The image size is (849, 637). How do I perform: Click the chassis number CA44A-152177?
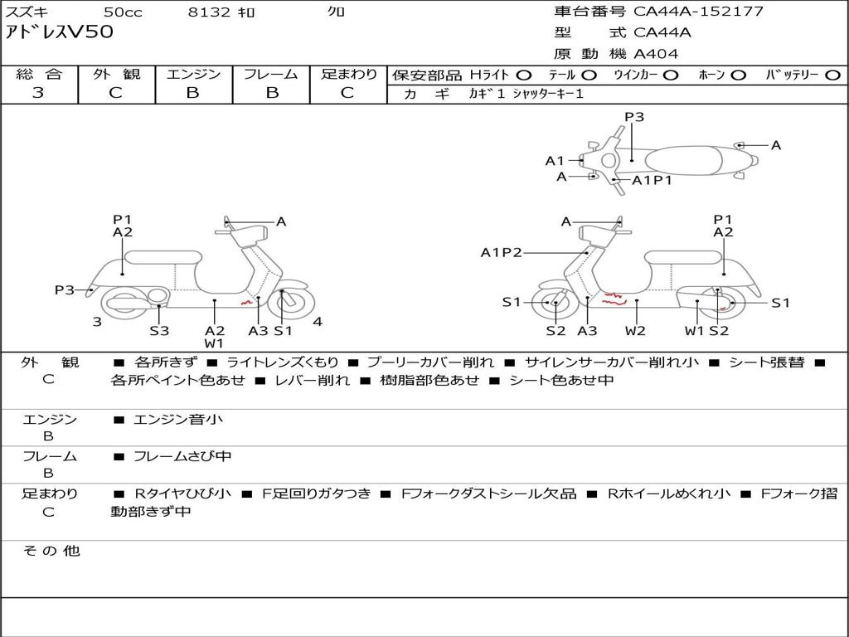click(698, 12)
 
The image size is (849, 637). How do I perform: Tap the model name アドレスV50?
click(60, 32)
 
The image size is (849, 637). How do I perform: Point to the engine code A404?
click(656, 54)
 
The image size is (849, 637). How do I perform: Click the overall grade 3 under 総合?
click(38, 93)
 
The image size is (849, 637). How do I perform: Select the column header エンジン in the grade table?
click(193, 74)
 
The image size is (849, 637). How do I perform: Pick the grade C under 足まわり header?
click(347, 93)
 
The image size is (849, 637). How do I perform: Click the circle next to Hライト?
click(524, 75)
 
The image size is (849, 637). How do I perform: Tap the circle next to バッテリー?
click(832, 75)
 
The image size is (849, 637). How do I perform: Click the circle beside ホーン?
click(738, 75)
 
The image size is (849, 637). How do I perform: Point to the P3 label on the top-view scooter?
click(634, 117)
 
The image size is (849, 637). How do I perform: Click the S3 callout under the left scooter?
click(159, 331)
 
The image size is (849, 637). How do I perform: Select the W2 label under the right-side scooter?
click(635, 331)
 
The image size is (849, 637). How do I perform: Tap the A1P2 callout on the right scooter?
click(501, 252)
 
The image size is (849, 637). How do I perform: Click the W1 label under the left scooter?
click(214, 343)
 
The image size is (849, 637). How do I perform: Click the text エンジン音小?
click(177, 420)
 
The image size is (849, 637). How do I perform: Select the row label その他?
click(51, 551)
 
